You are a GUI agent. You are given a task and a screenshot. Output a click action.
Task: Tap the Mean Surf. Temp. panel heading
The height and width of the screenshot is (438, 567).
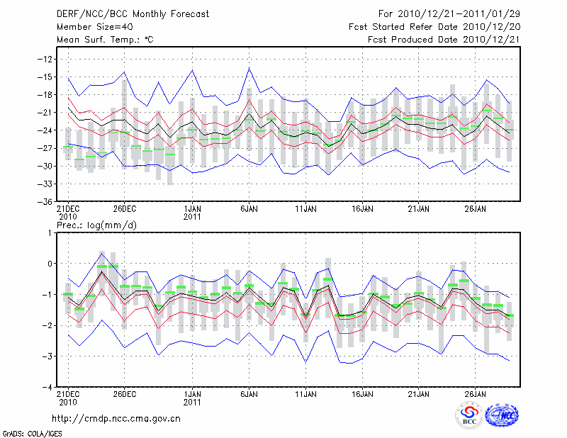105,40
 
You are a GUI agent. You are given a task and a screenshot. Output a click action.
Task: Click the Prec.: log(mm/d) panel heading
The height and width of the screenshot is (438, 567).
103,225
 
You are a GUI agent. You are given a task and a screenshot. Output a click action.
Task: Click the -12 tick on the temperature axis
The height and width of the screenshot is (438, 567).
47,59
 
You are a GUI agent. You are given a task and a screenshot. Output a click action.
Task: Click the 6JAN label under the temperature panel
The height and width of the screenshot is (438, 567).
249,210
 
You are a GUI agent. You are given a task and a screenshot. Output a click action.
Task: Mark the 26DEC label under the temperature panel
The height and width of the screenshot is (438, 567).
125,210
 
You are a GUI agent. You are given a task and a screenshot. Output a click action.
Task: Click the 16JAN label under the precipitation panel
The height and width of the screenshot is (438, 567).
363,395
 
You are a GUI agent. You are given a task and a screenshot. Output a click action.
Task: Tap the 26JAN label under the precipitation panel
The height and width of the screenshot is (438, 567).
475,395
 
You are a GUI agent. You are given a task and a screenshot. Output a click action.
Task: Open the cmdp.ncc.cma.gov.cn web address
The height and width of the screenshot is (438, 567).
116,418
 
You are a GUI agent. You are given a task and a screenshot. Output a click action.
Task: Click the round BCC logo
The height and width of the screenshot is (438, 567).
469,416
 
